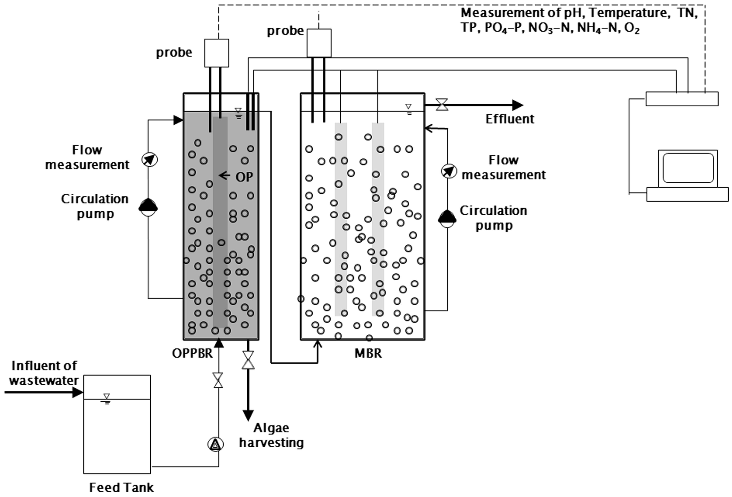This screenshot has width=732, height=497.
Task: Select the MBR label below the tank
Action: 368,353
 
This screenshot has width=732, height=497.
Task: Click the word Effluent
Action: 510,119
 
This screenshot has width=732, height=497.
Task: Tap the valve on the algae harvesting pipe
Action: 248,360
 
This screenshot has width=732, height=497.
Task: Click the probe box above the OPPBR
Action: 217,53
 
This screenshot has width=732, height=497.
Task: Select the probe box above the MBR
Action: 319,43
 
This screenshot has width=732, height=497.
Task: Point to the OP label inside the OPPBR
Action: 244,177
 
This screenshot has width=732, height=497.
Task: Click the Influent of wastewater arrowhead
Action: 78,392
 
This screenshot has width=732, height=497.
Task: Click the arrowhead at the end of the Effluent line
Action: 518,105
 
